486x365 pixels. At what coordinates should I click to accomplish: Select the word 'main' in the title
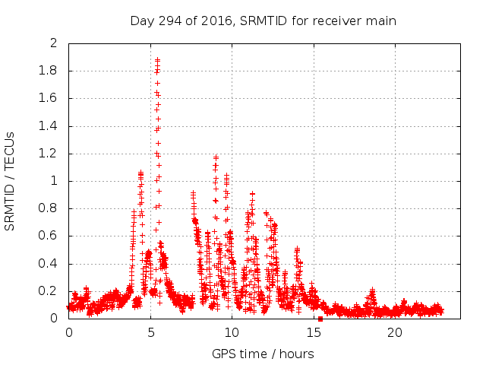380,21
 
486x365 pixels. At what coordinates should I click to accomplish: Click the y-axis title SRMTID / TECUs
10,181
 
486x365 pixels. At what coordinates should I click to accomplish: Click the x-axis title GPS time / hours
263,354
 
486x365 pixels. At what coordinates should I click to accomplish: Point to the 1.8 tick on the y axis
48,71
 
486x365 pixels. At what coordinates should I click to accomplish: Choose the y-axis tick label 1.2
48,154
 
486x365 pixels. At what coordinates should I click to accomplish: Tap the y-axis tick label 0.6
48,236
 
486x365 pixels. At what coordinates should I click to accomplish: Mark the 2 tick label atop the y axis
53,43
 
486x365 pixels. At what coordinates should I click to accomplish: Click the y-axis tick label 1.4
48,126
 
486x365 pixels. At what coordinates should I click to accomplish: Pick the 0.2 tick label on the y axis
48,291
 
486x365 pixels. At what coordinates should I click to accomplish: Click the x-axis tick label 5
150,332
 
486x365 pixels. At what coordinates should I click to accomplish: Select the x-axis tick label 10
232,332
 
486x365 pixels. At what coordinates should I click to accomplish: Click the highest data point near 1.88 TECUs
157,60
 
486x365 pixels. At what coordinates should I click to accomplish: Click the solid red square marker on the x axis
320,319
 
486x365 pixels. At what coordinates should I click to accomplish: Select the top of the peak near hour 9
216,157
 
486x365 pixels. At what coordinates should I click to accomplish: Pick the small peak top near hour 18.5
373,290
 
